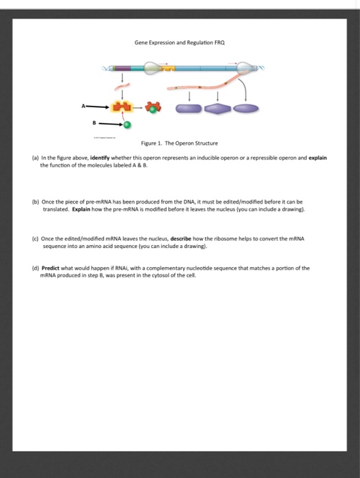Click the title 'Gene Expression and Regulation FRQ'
point(180,42)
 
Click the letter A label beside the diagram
point(84,107)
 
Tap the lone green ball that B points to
point(127,125)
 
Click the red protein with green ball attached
point(155,107)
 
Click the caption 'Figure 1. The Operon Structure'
point(180,143)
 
